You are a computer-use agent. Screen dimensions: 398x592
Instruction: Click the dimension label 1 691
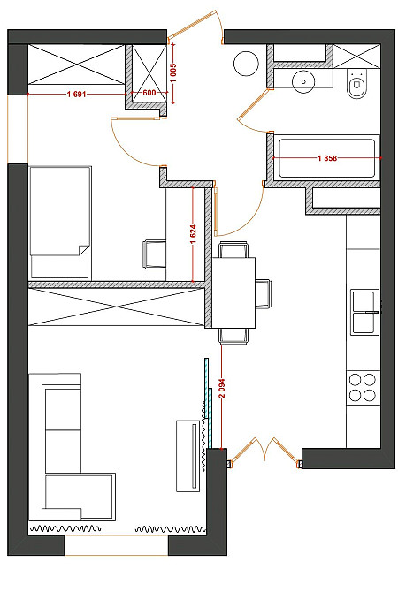[x=77, y=94]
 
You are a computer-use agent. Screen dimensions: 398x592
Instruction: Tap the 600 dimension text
[x=149, y=93]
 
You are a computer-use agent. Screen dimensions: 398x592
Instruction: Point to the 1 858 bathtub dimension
[x=327, y=158]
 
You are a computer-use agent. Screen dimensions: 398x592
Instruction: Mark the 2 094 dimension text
[x=222, y=389]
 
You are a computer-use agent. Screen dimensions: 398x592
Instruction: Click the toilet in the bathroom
[x=356, y=84]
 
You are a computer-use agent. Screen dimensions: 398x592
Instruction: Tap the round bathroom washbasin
[x=303, y=80]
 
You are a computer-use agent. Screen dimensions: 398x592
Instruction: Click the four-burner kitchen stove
[x=363, y=387]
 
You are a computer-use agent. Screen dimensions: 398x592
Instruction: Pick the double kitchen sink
[x=365, y=312]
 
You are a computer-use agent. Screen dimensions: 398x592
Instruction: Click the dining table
[x=233, y=292]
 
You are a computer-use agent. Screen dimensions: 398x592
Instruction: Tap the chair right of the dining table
[x=263, y=293]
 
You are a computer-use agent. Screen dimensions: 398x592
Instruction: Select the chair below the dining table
[x=233, y=336]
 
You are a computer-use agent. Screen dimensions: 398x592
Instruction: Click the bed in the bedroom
[x=60, y=223]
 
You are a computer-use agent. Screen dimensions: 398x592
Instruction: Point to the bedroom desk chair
[x=154, y=254]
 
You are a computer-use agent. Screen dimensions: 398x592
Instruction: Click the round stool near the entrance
[x=246, y=64]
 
